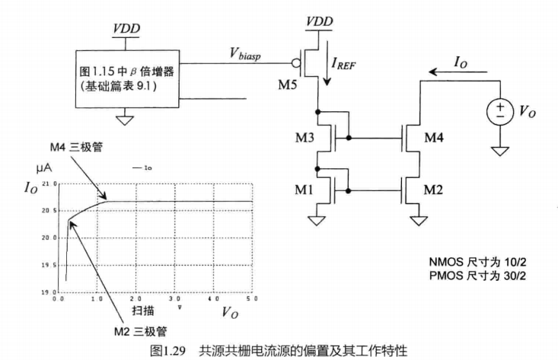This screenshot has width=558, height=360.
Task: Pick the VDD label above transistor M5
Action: pyautogui.click(x=319, y=21)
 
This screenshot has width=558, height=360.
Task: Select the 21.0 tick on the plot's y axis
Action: pyautogui.click(x=50, y=184)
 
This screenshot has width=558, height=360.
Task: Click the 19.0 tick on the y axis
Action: pyautogui.click(x=50, y=292)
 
